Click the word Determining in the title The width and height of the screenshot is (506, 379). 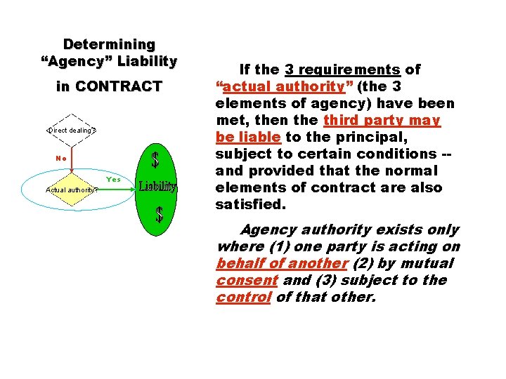point(109,44)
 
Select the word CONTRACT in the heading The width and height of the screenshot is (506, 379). point(119,87)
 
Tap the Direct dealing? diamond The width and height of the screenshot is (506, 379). point(72,130)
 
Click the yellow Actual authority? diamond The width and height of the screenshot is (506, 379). point(72,189)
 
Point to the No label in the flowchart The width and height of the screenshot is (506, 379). point(61,158)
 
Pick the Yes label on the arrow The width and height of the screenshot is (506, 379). point(114,180)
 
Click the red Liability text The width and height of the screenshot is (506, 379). point(157,187)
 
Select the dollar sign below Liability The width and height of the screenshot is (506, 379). point(160,213)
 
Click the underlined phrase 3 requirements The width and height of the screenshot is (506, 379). point(342,69)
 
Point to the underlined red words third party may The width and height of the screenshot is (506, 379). point(382,120)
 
